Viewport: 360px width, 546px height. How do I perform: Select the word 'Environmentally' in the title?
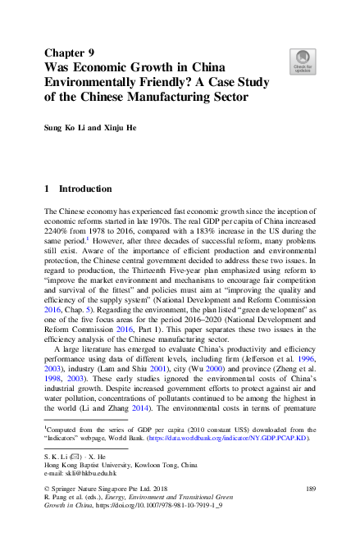[98, 83]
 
